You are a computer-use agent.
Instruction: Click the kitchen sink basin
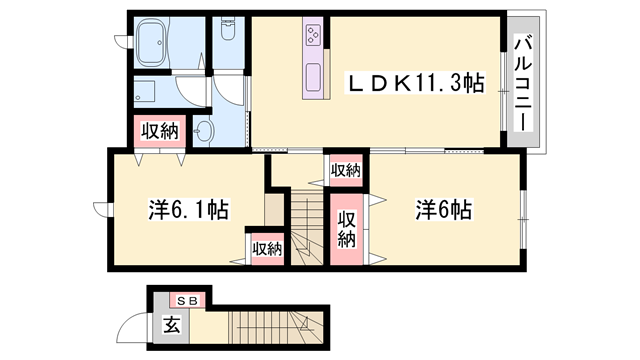[313, 77]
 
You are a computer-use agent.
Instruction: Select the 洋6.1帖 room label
[190, 211]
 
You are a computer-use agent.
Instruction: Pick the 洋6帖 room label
[443, 211]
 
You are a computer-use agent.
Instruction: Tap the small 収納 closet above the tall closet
[345, 171]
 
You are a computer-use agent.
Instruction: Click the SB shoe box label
[186, 300]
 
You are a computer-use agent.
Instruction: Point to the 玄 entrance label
[171, 324]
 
